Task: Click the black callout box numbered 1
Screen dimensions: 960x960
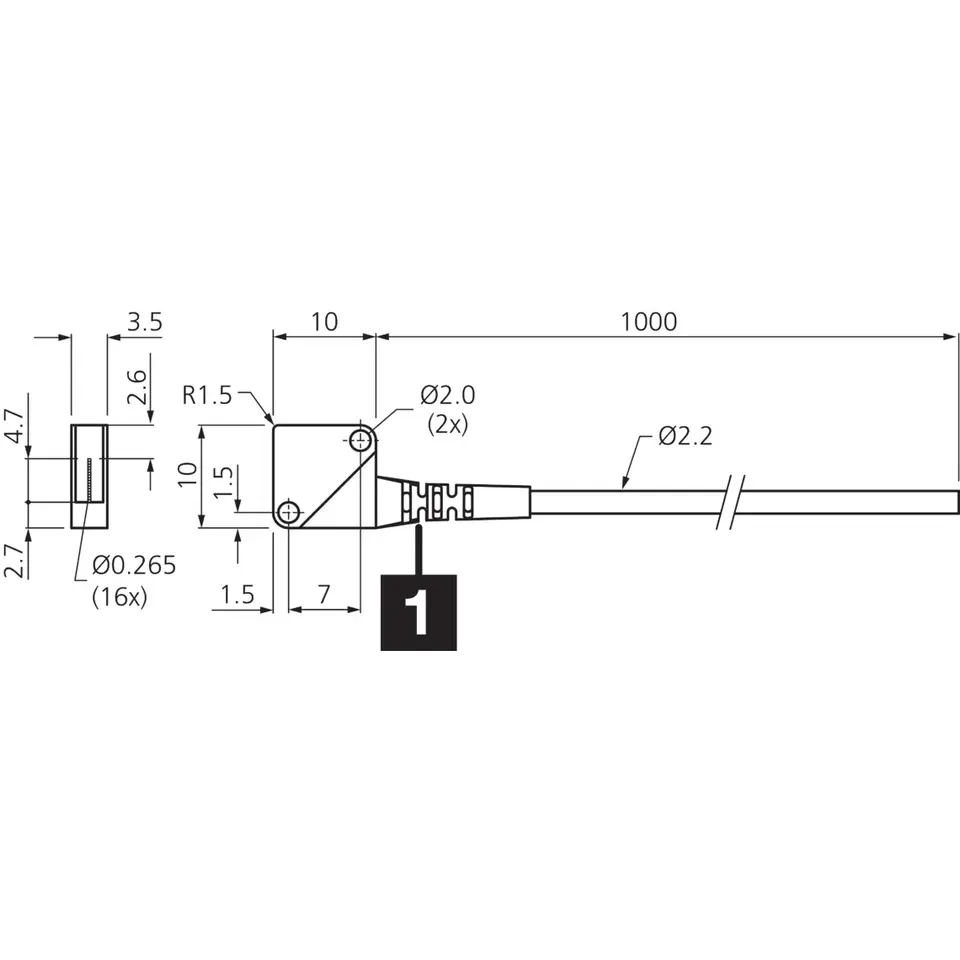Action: click(419, 612)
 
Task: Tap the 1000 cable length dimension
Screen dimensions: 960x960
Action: click(649, 322)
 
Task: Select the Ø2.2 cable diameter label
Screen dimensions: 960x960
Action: click(686, 436)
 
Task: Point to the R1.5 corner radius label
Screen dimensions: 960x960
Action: click(207, 396)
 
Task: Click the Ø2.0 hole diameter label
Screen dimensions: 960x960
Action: click(448, 396)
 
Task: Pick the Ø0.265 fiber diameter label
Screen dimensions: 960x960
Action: click(134, 565)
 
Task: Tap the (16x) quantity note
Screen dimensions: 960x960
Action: click(120, 596)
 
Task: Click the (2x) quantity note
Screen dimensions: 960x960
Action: click(448, 424)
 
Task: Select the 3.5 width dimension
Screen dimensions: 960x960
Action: click(145, 322)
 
